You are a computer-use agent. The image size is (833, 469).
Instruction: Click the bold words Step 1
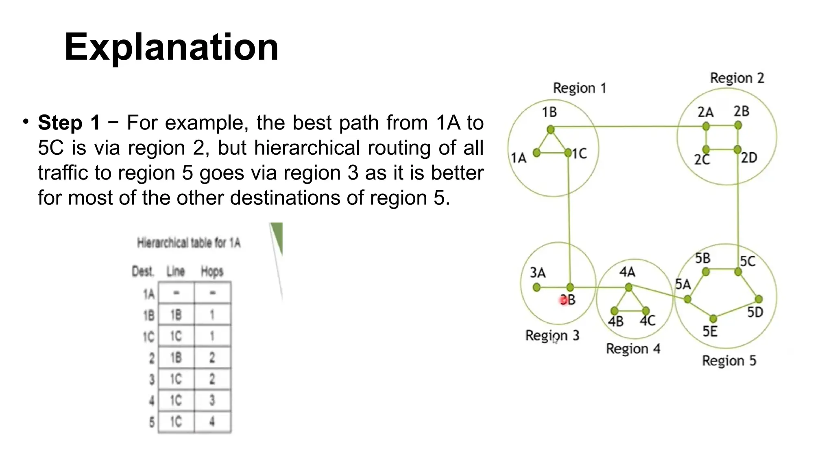[69, 123]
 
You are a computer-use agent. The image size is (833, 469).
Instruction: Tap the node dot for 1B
[551, 129]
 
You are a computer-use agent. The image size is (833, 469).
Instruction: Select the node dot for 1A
[536, 153]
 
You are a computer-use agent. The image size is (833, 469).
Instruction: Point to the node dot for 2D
[737, 150]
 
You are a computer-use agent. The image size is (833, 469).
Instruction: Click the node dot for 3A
[536, 287]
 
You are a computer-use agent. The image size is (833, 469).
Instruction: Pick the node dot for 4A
[628, 287]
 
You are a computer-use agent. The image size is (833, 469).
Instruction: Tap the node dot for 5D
[759, 299]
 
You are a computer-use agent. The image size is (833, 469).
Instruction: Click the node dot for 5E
[713, 318]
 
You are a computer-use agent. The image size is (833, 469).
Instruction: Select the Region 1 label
[579, 88]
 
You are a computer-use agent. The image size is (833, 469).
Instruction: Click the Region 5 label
[729, 361]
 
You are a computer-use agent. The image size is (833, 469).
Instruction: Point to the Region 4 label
[633, 349]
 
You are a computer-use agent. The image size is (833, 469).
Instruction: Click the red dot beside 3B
[563, 300]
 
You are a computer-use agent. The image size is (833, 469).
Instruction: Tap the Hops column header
[212, 271]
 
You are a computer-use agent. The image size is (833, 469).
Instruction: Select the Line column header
[176, 271]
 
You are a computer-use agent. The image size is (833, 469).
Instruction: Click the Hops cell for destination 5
[212, 422]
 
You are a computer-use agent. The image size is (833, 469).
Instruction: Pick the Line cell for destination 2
[176, 357]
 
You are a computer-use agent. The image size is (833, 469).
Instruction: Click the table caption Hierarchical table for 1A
[189, 243]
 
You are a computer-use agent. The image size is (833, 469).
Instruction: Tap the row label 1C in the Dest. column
[149, 337]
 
